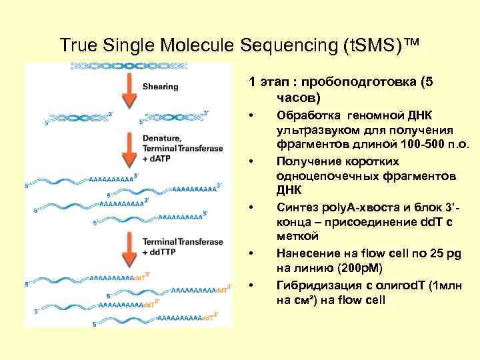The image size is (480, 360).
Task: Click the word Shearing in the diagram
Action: coord(160,86)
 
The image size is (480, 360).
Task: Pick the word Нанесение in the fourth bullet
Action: coord(303,253)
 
